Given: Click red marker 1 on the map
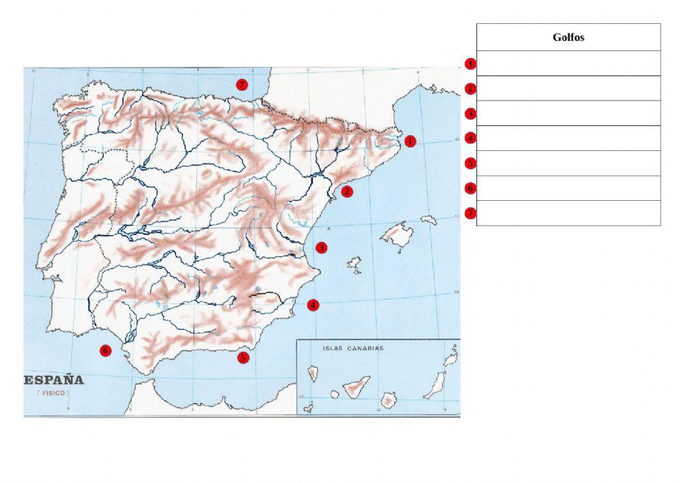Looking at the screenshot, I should click(410, 141).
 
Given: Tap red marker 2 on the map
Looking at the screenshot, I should click(347, 191).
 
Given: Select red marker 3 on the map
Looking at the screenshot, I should click(321, 247).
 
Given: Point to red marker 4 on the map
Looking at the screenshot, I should click(313, 305).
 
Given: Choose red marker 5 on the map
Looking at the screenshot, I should click(243, 357).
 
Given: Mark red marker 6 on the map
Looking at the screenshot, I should click(105, 350).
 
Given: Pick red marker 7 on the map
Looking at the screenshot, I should click(240, 85).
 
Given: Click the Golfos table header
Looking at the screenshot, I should click(568, 38).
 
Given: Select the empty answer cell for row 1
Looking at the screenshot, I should click(568, 64).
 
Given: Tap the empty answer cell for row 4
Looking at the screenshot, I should click(568, 138).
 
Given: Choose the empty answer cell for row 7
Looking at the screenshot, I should click(568, 212).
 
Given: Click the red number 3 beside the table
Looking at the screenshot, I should click(470, 113).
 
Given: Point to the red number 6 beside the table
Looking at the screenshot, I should click(470, 188).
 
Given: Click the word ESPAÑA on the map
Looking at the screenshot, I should click(55, 380).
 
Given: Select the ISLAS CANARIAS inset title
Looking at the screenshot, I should click(352, 348).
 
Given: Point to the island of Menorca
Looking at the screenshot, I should click(428, 220).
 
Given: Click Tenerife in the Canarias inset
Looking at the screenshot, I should click(356, 387).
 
